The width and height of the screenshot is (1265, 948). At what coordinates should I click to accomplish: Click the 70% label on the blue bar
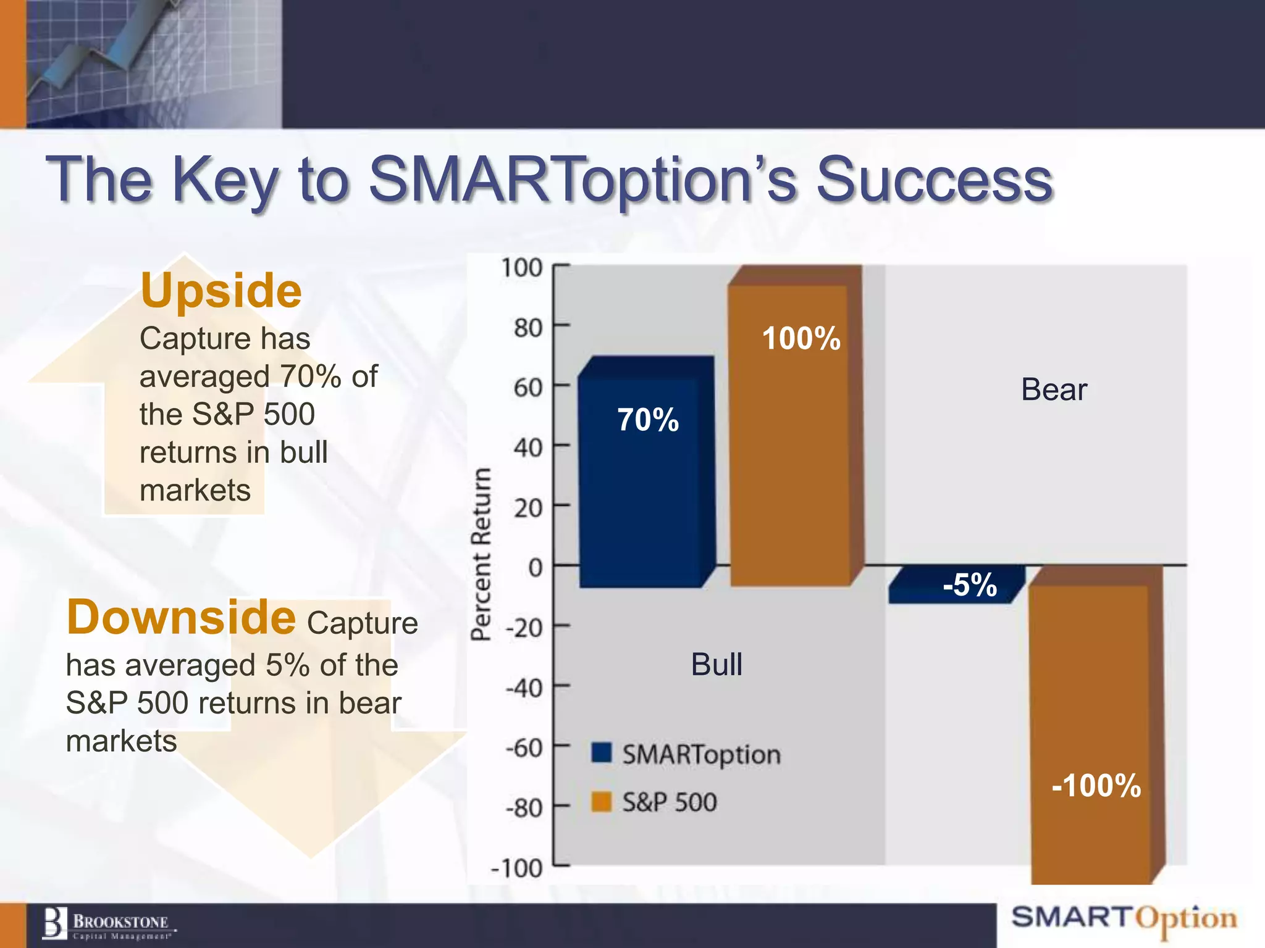[648, 420]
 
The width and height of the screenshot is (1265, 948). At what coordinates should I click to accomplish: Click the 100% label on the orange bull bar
[801, 339]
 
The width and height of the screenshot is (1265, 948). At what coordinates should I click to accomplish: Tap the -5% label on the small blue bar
[970, 584]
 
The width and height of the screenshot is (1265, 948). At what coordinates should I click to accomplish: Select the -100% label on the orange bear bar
[1096, 786]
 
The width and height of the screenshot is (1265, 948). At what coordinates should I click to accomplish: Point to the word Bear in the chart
[1054, 389]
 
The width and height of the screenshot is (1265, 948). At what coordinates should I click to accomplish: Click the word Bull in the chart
[717, 665]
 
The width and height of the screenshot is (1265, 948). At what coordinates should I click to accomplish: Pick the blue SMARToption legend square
[601, 753]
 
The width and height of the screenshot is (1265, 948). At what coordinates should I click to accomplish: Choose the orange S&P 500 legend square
[601, 802]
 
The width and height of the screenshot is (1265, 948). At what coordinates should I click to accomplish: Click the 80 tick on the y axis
[528, 328]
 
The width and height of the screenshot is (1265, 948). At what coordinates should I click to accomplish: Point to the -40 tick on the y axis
[524, 688]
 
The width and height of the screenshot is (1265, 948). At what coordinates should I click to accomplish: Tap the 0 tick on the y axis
[535, 567]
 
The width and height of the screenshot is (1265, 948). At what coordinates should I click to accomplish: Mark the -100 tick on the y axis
[516, 868]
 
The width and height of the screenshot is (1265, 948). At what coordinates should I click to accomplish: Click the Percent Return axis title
[481, 554]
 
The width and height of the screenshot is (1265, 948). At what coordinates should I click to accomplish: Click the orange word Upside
[221, 290]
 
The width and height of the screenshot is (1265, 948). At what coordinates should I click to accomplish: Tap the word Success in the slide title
[934, 180]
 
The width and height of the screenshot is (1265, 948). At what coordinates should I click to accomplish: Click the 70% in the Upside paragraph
[311, 376]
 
